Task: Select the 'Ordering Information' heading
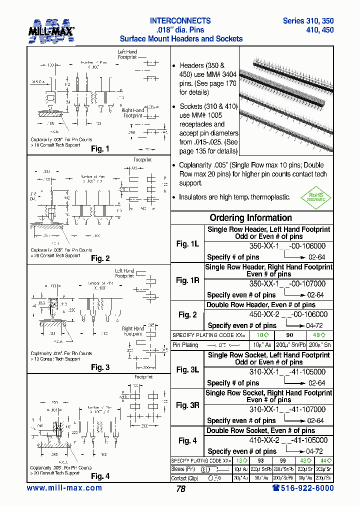point(250,217)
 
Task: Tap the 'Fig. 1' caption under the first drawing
point(100,148)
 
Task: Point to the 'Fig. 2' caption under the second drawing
point(100,258)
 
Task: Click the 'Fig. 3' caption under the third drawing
point(100,367)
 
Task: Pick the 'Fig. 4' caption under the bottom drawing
point(100,476)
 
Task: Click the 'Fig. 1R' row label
point(187,280)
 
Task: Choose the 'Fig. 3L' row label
point(187,369)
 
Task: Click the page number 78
point(180,489)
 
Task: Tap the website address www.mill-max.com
point(64,488)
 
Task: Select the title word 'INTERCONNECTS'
point(180,21)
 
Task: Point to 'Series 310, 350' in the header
point(308,21)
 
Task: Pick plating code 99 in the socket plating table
point(283,460)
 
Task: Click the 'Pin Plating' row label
point(185,345)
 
